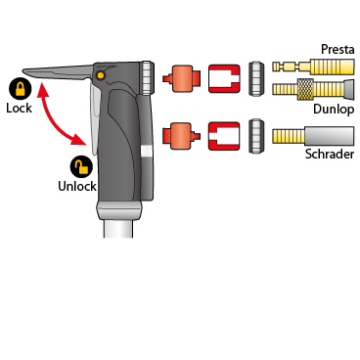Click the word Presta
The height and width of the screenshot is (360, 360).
tap(337, 49)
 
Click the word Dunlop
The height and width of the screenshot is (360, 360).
tap(334, 110)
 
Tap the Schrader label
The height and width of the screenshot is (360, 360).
tap(330, 154)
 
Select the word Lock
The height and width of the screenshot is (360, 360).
tap(19, 108)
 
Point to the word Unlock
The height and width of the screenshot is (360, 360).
tap(77, 186)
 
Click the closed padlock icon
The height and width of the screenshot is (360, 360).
tap(20, 89)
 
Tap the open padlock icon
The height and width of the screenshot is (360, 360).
tap(81, 167)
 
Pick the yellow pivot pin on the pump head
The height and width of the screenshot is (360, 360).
tap(101, 76)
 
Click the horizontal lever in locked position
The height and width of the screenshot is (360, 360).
tap(59, 71)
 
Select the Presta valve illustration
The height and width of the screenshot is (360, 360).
tap(313, 67)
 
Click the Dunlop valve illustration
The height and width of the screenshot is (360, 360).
tap(313, 89)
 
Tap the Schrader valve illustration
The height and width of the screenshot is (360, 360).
tap(313, 136)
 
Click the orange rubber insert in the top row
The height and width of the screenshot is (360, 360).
tap(181, 78)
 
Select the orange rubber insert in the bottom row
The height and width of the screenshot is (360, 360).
tap(181, 136)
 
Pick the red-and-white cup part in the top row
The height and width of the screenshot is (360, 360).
tap(224, 78)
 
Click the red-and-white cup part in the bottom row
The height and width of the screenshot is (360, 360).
tap(224, 136)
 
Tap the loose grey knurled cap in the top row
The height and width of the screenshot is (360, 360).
tap(256, 78)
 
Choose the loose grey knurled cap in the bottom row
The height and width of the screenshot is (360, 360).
tap(256, 136)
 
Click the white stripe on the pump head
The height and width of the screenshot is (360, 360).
tap(147, 153)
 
